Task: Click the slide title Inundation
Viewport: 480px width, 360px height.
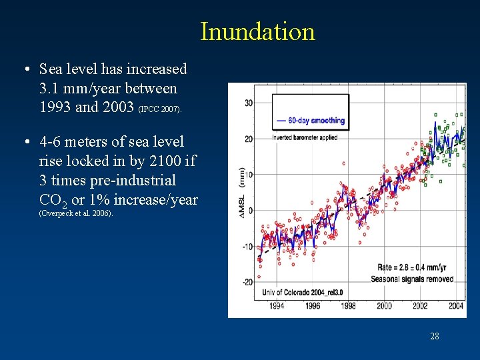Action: click(257, 31)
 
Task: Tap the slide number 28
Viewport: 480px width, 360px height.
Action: click(434, 336)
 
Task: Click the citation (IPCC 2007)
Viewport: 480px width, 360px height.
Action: click(159, 109)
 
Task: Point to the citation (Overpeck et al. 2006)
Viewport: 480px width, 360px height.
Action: click(76, 213)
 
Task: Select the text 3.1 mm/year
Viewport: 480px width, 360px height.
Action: click(76, 88)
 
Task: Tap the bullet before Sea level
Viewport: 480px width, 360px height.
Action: click(25, 69)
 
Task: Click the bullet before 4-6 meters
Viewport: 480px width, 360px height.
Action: click(25, 142)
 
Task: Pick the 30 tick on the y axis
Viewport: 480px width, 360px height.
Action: click(249, 103)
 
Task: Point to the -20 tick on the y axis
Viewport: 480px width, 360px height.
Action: click(247, 282)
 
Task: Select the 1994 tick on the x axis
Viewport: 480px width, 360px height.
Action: click(276, 306)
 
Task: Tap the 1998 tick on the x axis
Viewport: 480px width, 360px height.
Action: click(348, 306)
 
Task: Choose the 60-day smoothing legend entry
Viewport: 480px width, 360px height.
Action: click(310, 121)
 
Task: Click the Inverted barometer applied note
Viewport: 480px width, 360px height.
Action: click(305, 137)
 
